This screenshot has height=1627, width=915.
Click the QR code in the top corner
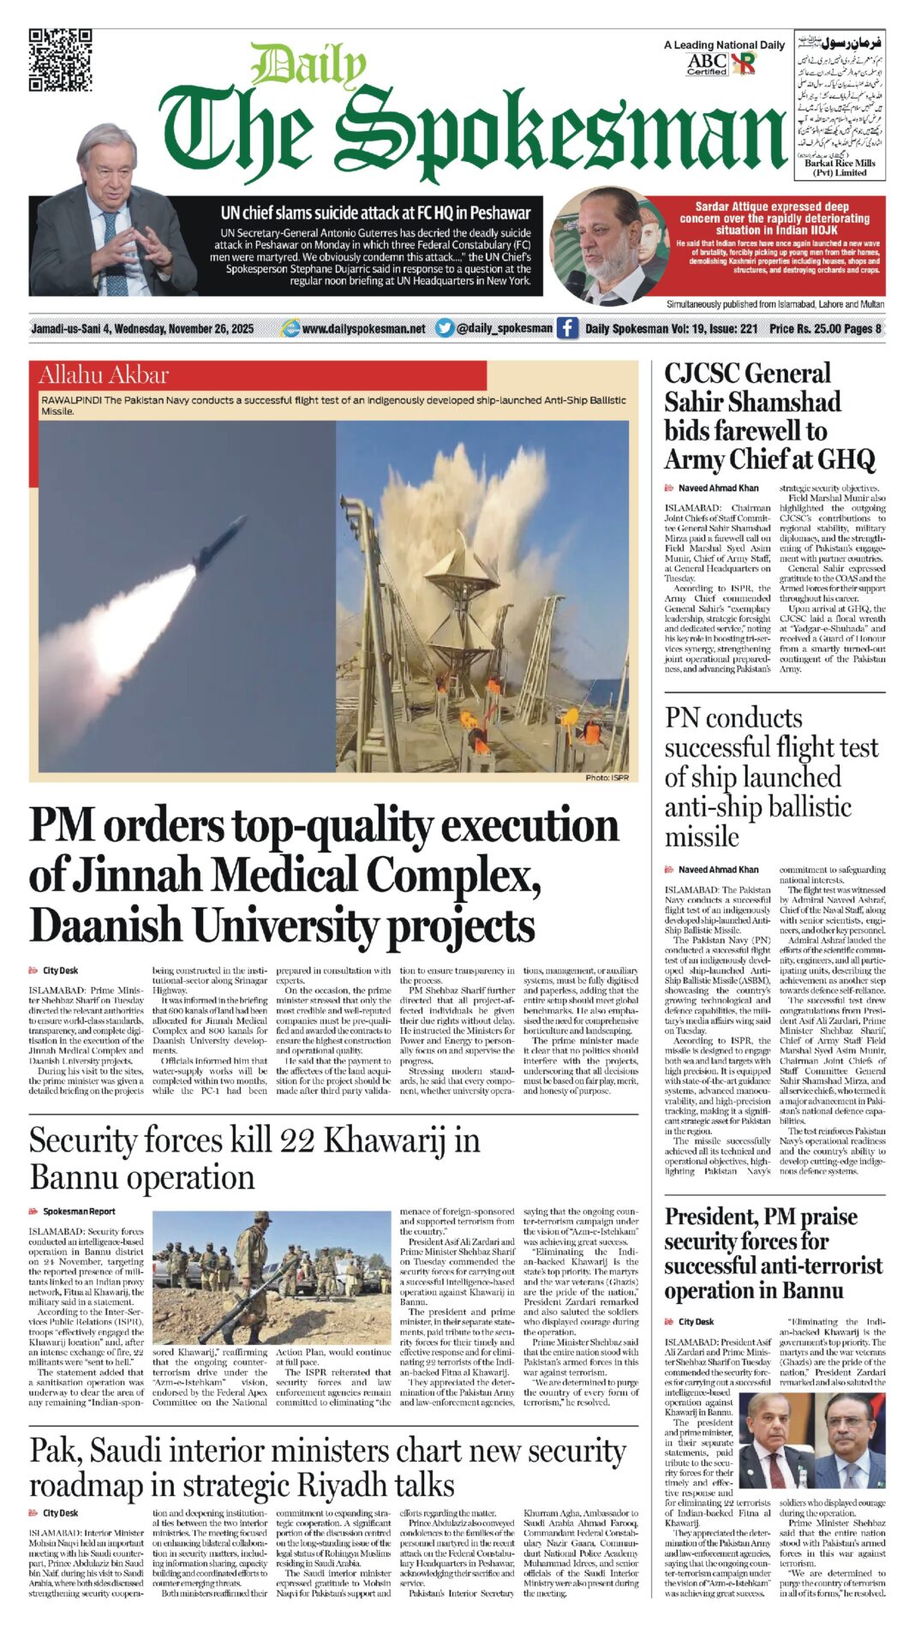click(x=60, y=59)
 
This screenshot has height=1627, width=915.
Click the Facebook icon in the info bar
click(x=567, y=328)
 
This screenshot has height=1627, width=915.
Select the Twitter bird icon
click(x=444, y=328)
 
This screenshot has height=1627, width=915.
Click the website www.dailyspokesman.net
click(x=363, y=328)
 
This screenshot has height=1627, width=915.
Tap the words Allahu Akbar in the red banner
click(x=104, y=374)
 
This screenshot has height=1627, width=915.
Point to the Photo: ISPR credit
click(x=607, y=777)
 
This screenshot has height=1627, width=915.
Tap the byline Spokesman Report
click(x=79, y=1211)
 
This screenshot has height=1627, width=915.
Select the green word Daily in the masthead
click(x=308, y=66)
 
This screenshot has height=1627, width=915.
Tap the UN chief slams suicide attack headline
click(x=375, y=212)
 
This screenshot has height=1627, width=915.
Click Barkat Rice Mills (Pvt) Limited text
click(x=840, y=167)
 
